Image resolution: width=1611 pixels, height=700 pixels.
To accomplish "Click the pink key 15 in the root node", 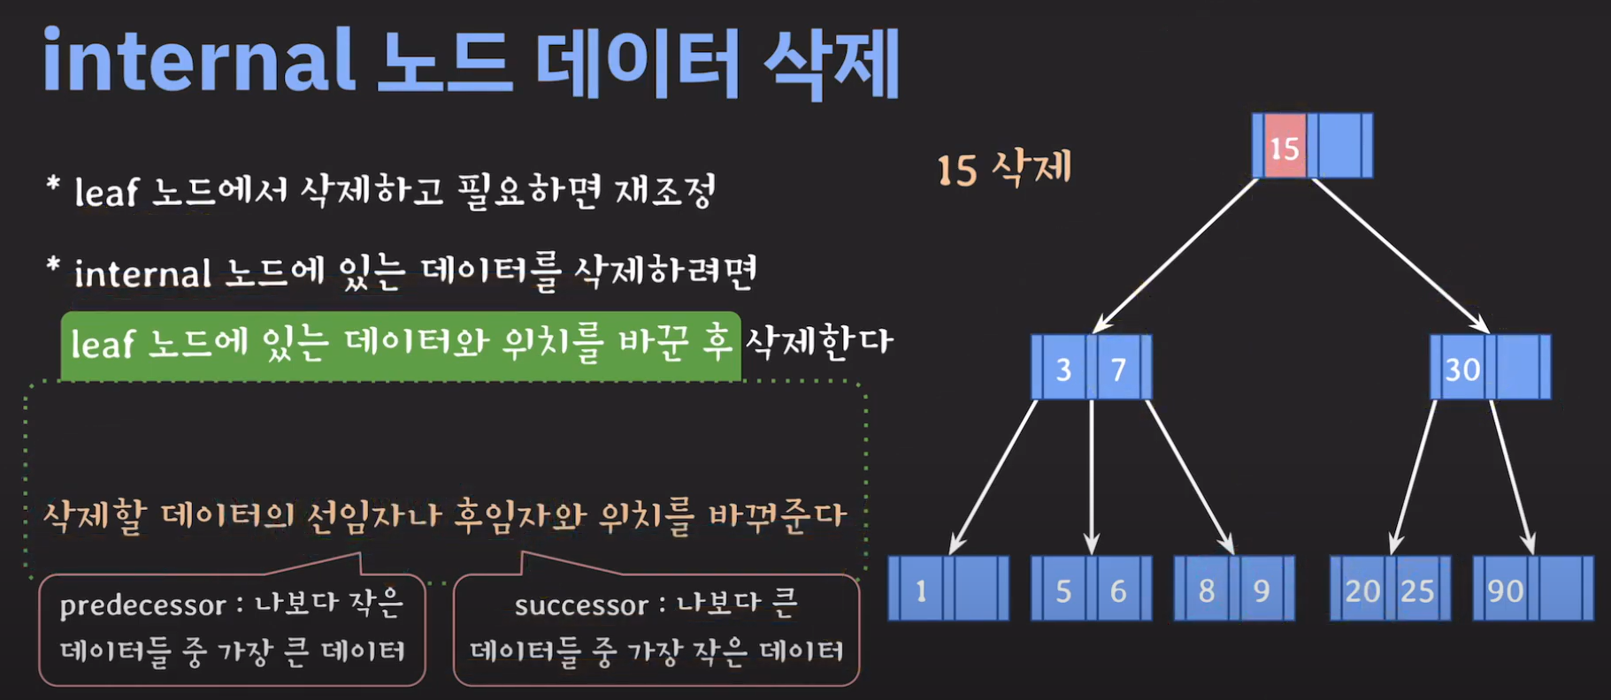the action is click(1285, 147).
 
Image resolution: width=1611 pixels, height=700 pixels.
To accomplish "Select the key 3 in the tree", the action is click(1063, 368).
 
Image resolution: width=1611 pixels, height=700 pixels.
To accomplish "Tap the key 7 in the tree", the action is click(1118, 368).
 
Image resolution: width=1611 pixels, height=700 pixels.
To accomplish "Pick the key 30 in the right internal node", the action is click(1461, 368).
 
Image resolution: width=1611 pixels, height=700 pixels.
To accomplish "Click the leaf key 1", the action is click(921, 590).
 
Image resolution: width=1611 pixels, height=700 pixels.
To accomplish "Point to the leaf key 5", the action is click(1063, 590).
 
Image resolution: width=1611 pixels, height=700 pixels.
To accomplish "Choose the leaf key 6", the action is click(1118, 590).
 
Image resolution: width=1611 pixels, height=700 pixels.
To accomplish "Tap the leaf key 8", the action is click(1206, 590).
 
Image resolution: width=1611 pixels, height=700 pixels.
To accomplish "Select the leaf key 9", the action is click(1262, 590).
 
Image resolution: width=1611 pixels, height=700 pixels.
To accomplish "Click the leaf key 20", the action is click(1362, 590).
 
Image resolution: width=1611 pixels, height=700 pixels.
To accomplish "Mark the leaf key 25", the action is click(1417, 590).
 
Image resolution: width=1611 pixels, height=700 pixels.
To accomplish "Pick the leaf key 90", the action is click(1505, 590).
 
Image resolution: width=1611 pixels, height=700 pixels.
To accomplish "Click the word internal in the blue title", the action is click(199, 60).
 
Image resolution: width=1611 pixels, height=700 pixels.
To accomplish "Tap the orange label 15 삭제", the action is click(1004, 168).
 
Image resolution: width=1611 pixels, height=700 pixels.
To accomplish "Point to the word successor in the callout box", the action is click(581, 605).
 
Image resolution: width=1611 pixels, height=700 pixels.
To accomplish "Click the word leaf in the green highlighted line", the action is click(103, 344).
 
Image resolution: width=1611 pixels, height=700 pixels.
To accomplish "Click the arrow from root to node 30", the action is click(1400, 255).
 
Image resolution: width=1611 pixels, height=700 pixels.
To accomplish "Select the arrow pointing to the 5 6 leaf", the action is click(1092, 477).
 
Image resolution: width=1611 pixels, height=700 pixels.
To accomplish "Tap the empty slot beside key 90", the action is click(1564, 590).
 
